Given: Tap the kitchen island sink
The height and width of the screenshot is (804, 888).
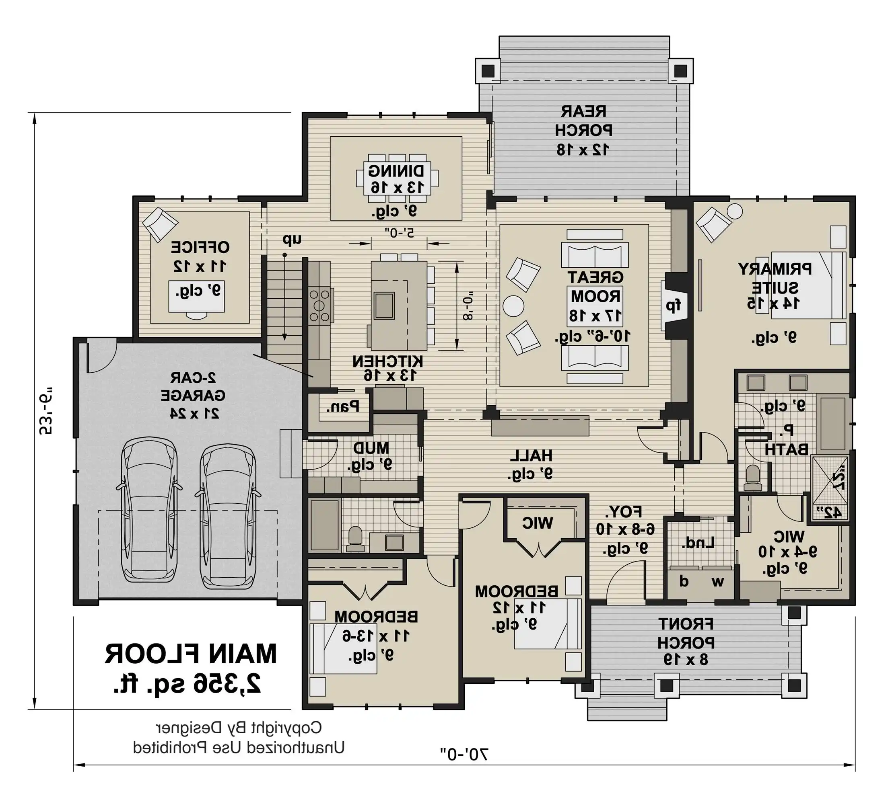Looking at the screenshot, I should coord(384,305).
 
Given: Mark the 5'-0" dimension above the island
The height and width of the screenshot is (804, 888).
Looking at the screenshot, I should coord(399,232).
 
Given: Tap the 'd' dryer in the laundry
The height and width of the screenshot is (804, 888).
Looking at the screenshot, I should coord(684,582).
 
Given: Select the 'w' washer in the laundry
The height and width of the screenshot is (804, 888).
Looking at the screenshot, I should coord(718,582).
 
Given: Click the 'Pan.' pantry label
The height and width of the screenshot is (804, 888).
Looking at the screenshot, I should coord(343,406).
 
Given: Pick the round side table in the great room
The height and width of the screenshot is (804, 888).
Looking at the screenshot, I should coord(513,305).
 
